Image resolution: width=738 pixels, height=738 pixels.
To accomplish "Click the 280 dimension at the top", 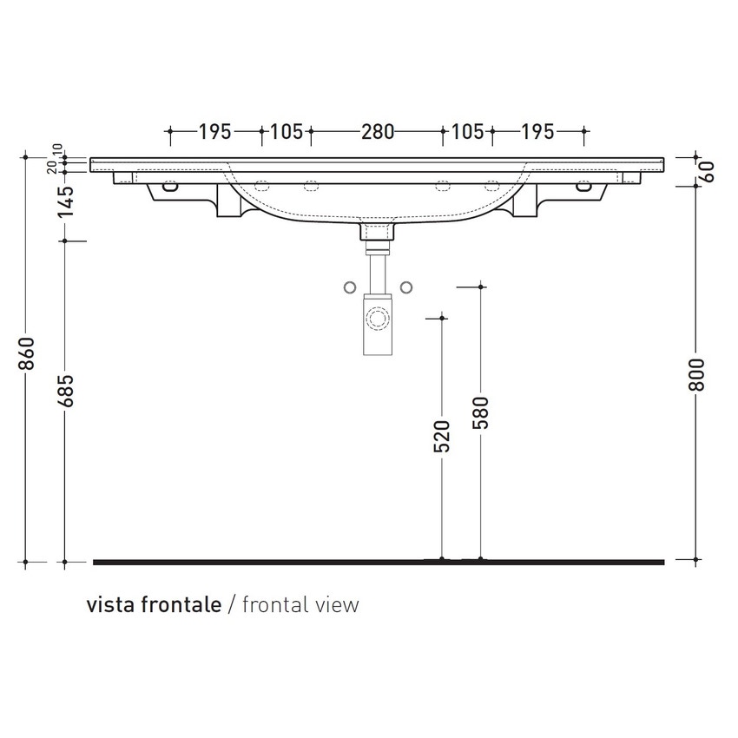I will pyautogui.click(x=378, y=132).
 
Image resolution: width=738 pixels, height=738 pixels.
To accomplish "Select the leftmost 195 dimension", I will pyautogui.click(x=214, y=132).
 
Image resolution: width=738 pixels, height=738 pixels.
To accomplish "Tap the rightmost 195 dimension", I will pyautogui.click(x=537, y=132).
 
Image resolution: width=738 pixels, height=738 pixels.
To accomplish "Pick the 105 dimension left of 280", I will pyautogui.click(x=287, y=132).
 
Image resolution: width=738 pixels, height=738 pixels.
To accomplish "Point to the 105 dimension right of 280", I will pyautogui.click(x=468, y=132).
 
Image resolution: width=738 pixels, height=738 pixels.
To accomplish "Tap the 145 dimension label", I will pyautogui.click(x=68, y=201).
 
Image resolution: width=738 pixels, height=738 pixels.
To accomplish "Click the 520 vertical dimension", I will pyautogui.click(x=442, y=437).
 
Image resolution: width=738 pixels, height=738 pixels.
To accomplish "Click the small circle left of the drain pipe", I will pyautogui.click(x=349, y=287).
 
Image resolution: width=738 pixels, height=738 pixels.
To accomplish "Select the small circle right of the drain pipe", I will pyautogui.click(x=405, y=287).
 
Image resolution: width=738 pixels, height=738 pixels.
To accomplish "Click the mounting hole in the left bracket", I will pyautogui.click(x=169, y=185).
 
